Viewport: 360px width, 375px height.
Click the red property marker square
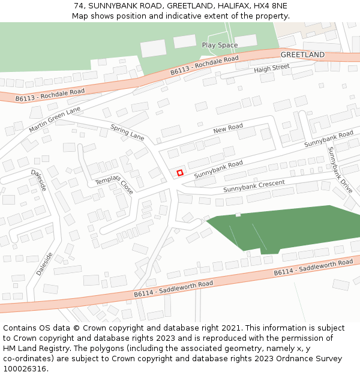[180, 173]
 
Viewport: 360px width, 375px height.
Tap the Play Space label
[220, 45]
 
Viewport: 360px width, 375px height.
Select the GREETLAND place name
[302, 55]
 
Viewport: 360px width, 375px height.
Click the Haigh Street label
[271, 68]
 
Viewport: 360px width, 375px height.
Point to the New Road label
[228, 128]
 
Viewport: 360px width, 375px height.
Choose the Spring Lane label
[128, 131]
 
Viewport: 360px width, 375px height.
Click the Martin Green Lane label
[54, 120]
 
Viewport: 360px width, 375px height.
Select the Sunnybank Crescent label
[254, 186]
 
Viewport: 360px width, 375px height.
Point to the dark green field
[288, 228]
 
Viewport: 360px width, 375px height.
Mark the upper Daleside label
[39, 180]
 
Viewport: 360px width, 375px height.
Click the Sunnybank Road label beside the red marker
[218, 167]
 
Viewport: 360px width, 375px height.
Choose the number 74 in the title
[79, 5]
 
